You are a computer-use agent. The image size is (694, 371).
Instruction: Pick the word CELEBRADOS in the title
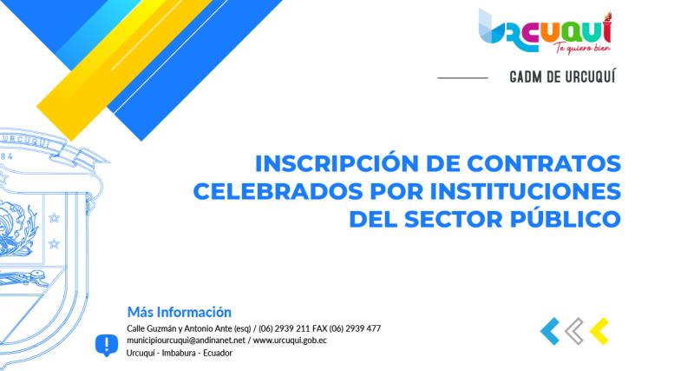tap(275, 190)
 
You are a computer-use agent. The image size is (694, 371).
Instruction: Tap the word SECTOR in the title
tap(463, 216)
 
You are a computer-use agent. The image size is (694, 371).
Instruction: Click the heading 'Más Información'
tap(179, 311)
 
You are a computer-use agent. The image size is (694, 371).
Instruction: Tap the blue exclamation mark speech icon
tap(106, 345)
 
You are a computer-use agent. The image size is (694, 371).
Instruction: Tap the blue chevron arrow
tap(549, 329)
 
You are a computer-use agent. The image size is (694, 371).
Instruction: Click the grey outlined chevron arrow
tap(573, 329)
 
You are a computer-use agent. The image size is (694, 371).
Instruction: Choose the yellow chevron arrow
tap(599, 329)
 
